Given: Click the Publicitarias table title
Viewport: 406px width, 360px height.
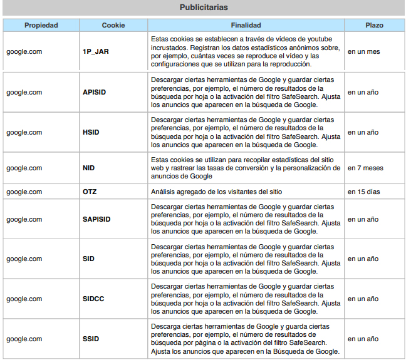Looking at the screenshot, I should [203, 8].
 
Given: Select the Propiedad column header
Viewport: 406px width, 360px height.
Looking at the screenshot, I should [41, 26].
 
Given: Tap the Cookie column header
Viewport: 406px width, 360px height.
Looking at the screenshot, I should [113, 26].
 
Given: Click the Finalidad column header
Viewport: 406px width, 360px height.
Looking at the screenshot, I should [246, 26].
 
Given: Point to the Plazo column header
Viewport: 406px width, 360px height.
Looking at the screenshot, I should [374, 26].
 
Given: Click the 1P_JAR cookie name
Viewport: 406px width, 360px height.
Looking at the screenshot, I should [96, 52].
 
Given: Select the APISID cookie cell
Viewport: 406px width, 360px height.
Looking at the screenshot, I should [95, 92].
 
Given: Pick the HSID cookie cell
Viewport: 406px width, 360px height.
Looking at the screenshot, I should [91, 132].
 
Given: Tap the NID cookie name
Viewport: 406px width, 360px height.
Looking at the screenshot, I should [89, 168].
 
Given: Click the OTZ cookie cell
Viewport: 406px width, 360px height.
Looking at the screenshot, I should [90, 192].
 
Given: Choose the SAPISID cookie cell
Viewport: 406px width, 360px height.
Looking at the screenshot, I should [96, 219].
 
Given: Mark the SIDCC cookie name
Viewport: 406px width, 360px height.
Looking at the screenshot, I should [93, 299].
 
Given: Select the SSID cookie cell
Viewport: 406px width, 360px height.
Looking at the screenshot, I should [91, 339].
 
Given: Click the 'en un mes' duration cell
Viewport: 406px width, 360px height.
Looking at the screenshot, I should [363, 52].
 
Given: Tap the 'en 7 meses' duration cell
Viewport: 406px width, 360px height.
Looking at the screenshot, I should [365, 168].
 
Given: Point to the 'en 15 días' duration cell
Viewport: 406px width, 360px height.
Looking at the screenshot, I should [364, 192].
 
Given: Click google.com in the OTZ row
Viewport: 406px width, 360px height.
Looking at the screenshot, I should [24, 192].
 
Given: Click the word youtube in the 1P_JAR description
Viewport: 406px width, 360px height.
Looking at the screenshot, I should [328, 39].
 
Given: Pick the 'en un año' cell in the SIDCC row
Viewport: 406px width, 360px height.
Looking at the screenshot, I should [363, 299].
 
